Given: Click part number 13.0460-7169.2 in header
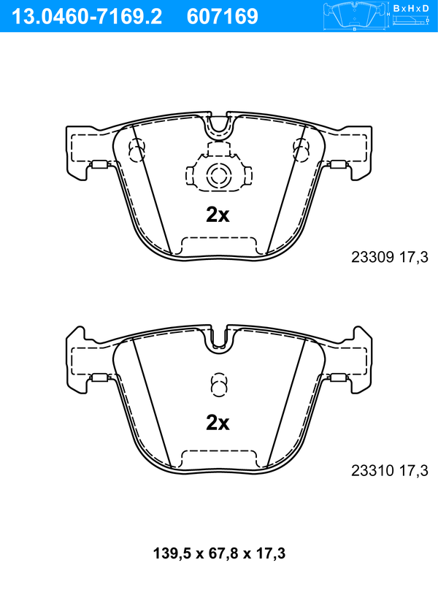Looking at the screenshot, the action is pos(87,17).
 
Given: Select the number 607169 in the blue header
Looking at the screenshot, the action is pos(223,17).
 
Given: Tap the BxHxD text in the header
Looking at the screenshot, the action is pos(411,8).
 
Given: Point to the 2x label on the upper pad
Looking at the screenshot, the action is pos(218,215).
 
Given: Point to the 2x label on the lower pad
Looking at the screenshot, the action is pos(218,423).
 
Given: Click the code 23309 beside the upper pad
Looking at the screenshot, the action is pos(372,257).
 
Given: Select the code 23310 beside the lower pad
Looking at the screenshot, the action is pos(372,470).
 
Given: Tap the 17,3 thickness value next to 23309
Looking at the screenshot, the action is pos(414,257).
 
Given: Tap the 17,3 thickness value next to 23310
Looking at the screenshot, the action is pos(414,470).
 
